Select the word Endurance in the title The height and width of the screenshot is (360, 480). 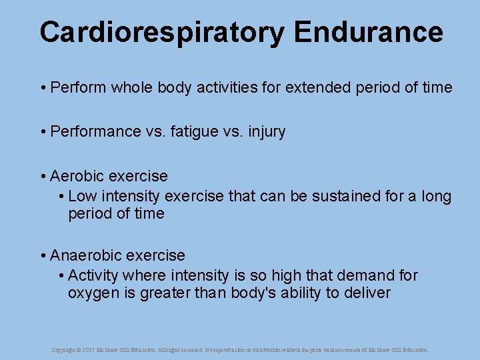367,32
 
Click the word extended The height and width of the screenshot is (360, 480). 316,87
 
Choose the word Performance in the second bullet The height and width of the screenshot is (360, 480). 96,132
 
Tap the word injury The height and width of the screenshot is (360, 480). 267,132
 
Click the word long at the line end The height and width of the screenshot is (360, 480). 436,197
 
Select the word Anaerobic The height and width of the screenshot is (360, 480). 84,255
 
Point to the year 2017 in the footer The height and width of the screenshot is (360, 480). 90,349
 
